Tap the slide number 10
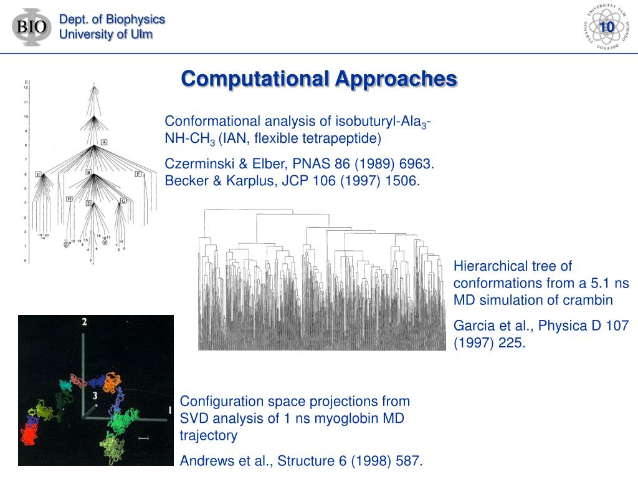click(x=606, y=27)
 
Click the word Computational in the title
click(x=255, y=79)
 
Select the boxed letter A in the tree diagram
click(x=104, y=142)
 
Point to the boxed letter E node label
click(x=39, y=174)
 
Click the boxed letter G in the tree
click(x=123, y=200)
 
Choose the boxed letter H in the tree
click(x=69, y=198)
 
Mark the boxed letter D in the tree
click(x=89, y=203)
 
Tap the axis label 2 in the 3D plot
click(x=84, y=322)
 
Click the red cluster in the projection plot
click(x=29, y=432)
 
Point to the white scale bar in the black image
click(x=144, y=439)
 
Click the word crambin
click(x=590, y=300)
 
